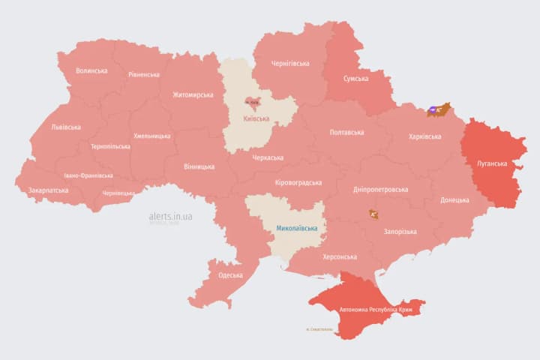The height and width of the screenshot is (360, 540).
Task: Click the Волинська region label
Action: tap(91, 71)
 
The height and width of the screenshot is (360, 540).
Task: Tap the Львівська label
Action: tap(66, 127)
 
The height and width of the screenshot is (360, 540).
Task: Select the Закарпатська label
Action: tap(48, 190)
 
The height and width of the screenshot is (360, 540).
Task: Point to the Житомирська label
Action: tap(193, 95)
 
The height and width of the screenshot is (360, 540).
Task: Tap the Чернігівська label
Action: tap(289, 64)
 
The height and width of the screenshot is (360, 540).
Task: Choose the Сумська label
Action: tap(355, 79)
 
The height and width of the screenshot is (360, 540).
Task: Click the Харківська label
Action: tap(425, 136)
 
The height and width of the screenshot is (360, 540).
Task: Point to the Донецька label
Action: tap(454, 200)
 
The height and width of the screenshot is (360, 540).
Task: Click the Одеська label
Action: tap(230, 275)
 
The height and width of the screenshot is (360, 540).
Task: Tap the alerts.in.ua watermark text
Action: tap(171, 216)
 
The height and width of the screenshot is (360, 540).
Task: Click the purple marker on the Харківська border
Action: tap(434, 111)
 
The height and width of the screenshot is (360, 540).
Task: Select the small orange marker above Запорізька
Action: tap(373, 214)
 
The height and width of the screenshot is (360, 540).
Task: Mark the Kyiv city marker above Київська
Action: tap(252, 102)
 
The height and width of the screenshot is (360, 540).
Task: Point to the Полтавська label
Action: tap(346, 133)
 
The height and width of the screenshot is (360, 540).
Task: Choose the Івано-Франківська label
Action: tap(88, 175)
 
